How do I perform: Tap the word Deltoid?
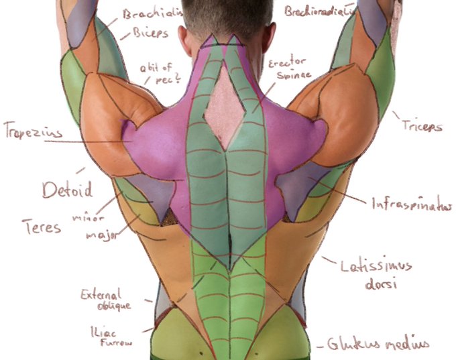pyautogui.click(x=67, y=190)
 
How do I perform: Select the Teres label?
pyautogui.click(x=41, y=226)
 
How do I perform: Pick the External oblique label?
pyautogui.click(x=105, y=300)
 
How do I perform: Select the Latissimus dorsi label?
pyautogui.click(x=375, y=274)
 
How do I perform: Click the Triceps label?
pyautogui.click(x=422, y=125)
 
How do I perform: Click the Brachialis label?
pyautogui.click(x=152, y=13)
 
